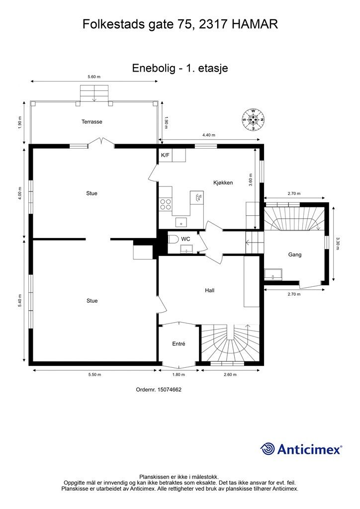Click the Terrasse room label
tap(92, 122)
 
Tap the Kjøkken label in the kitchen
tap(223, 182)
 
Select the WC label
tap(185, 239)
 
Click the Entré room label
tap(179, 344)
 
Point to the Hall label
tap(210, 290)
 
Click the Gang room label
tap(295, 255)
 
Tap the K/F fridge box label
tap(165, 155)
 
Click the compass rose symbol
tap(253, 120)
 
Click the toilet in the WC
tap(173, 239)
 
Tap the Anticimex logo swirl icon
tap(268, 449)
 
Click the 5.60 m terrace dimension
tap(94, 77)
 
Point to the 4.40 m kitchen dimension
tap(209, 135)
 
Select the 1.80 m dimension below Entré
tap(179, 375)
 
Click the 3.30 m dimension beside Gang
tap(338, 244)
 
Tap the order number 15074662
tap(169, 389)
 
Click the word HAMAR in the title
tap(255, 24)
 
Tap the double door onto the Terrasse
tap(101, 142)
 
